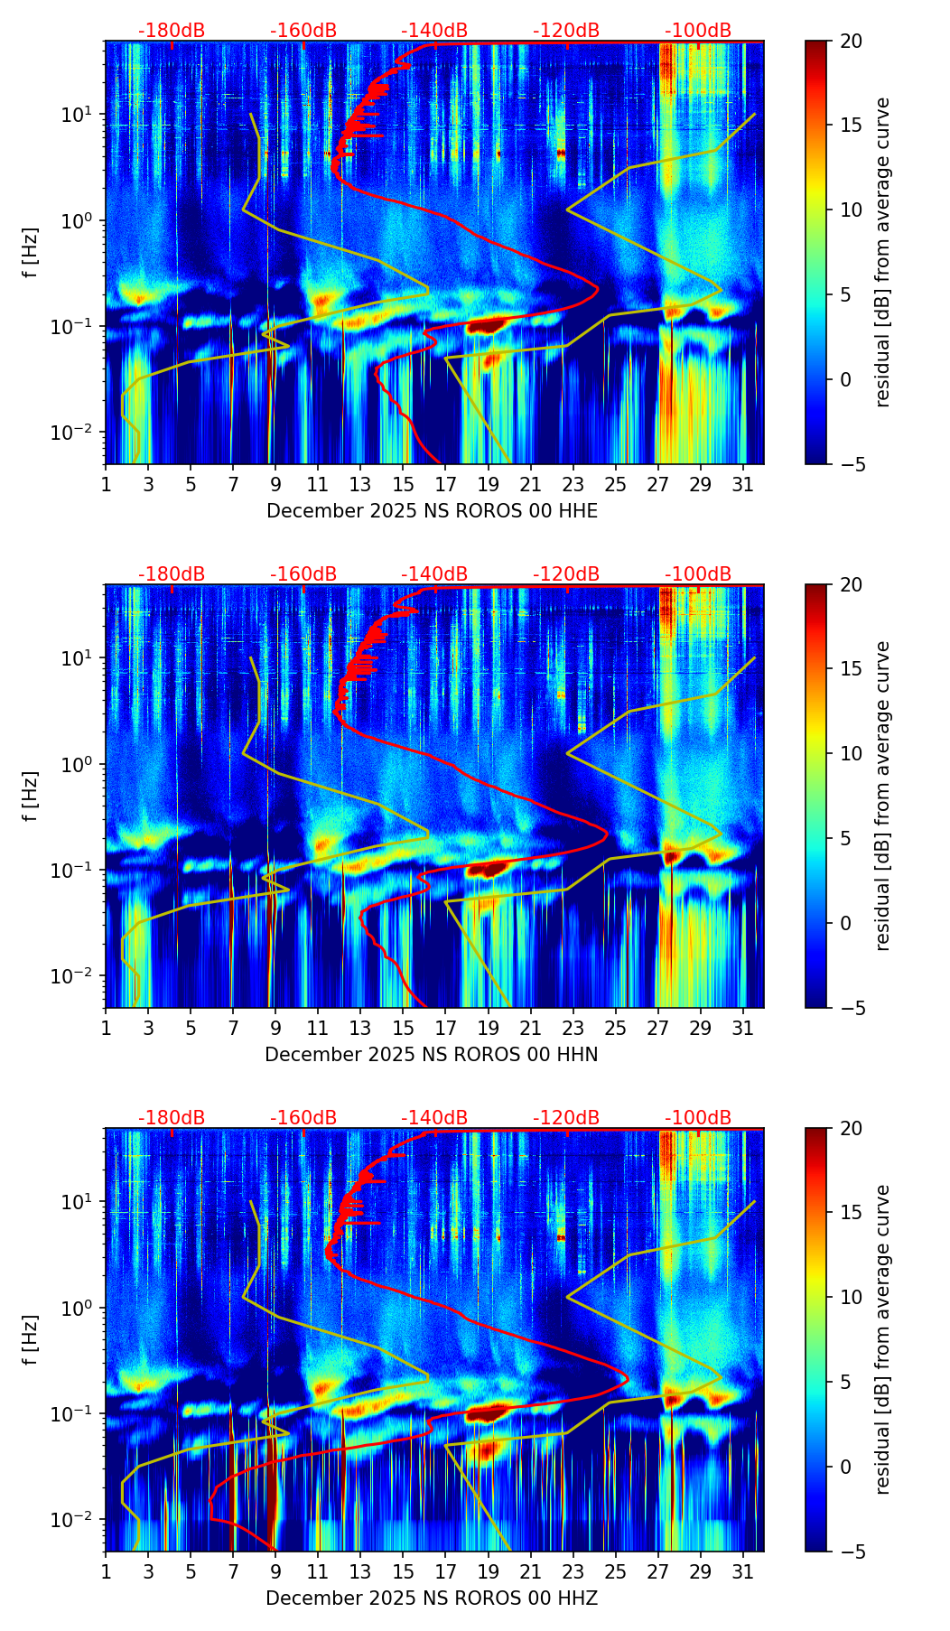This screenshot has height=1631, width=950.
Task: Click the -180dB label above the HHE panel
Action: pos(172,31)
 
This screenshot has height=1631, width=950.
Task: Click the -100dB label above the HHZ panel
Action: pos(698,1118)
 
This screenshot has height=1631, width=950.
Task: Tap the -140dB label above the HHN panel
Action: pos(434,574)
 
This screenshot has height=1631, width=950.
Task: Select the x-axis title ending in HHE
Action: pos(432,511)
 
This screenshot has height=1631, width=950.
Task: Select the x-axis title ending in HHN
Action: pos(432,1055)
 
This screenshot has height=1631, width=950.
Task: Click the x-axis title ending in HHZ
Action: pos(432,1598)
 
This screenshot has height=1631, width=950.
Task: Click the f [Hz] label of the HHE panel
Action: pos(31,253)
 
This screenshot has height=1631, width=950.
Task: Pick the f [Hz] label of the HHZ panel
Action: pos(31,1340)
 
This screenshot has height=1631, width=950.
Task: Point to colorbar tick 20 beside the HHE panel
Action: pos(851,42)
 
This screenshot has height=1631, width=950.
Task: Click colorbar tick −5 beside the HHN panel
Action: pos(853,1008)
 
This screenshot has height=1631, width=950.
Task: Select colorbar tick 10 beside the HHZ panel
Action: pos(851,1298)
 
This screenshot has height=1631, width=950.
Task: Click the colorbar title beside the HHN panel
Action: pos(883,796)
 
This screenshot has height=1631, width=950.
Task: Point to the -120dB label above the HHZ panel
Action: pos(566,1118)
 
